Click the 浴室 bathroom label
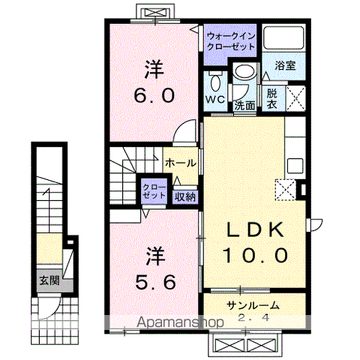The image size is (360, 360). [x=285, y=65]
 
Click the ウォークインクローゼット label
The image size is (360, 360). [x=230, y=40]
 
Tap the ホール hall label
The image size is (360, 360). [x=181, y=163]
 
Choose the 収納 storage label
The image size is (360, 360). [x=185, y=197]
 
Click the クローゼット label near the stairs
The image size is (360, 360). [x=155, y=190]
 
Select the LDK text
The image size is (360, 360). [x=254, y=229]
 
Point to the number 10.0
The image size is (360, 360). [x=254, y=255]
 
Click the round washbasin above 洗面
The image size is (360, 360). [x=243, y=72]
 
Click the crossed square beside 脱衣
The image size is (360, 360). [x=294, y=99]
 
